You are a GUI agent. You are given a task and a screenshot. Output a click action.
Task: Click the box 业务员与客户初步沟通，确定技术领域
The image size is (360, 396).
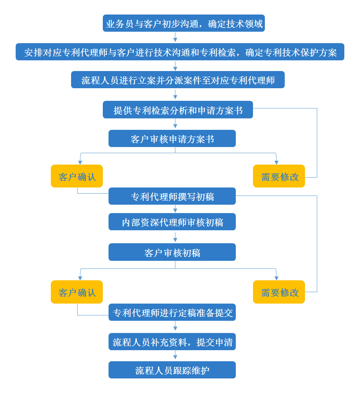pyautogui.click(x=184, y=24)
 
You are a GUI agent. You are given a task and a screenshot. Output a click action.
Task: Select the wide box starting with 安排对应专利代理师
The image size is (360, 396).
pyautogui.click(x=180, y=52)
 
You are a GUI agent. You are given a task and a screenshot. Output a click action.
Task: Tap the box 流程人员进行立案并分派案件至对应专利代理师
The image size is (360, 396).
pyautogui.click(x=178, y=80)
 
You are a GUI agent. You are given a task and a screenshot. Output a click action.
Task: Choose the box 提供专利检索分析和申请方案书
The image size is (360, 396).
pyautogui.click(x=178, y=110)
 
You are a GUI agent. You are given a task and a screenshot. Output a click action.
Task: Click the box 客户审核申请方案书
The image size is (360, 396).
pyautogui.click(x=172, y=139)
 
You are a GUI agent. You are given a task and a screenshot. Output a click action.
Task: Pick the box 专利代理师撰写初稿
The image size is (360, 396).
pyautogui.click(x=172, y=196)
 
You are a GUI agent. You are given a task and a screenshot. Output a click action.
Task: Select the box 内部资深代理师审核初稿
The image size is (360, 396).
pyautogui.click(x=172, y=222)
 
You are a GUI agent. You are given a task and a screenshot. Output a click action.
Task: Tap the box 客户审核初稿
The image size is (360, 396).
pyautogui.click(x=172, y=252)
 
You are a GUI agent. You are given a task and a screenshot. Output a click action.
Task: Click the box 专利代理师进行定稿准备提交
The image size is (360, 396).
pyautogui.click(x=172, y=312)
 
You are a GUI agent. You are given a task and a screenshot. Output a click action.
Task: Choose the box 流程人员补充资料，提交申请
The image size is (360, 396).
pyautogui.click(x=172, y=342)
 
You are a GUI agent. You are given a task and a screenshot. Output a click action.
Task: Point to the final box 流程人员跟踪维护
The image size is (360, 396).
pyautogui.click(x=172, y=370)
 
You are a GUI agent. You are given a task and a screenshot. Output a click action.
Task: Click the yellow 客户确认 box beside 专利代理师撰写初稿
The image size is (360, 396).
pyautogui.click(x=77, y=176)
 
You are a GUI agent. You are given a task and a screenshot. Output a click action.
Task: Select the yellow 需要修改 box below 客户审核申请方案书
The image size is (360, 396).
pyautogui.click(x=279, y=176)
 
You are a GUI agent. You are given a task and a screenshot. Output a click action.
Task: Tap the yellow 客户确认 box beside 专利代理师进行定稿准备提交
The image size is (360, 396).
pyautogui.click(x=77, y=292)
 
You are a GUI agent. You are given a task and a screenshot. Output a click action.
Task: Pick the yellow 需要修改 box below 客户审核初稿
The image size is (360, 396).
pyautogui.click(x=279, y=292)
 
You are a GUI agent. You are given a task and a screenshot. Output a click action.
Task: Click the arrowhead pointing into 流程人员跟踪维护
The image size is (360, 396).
pyautogui.click(x=175, y=357)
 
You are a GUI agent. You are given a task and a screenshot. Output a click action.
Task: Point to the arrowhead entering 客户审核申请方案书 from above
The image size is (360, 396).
pyautogui.click(x=175, y=126)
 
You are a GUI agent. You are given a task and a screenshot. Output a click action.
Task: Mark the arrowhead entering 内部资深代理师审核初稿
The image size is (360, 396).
pyautogui.click(x=175, y=210)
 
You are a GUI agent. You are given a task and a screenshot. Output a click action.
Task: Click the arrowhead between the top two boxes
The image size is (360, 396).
pyautogui.click(x=175, y=39)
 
